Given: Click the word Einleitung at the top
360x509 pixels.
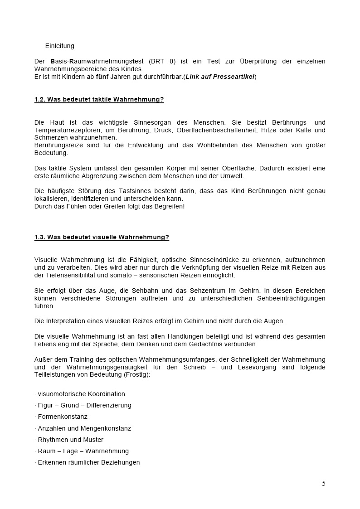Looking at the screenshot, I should tap(59, 46).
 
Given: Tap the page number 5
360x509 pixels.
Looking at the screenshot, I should tap(324, 484).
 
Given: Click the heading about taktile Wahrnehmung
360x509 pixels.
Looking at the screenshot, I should tap(99, 100).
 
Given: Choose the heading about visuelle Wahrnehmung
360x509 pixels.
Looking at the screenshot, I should tap(102, 237).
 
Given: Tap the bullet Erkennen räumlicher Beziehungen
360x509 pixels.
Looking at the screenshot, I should tap(88, 462).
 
